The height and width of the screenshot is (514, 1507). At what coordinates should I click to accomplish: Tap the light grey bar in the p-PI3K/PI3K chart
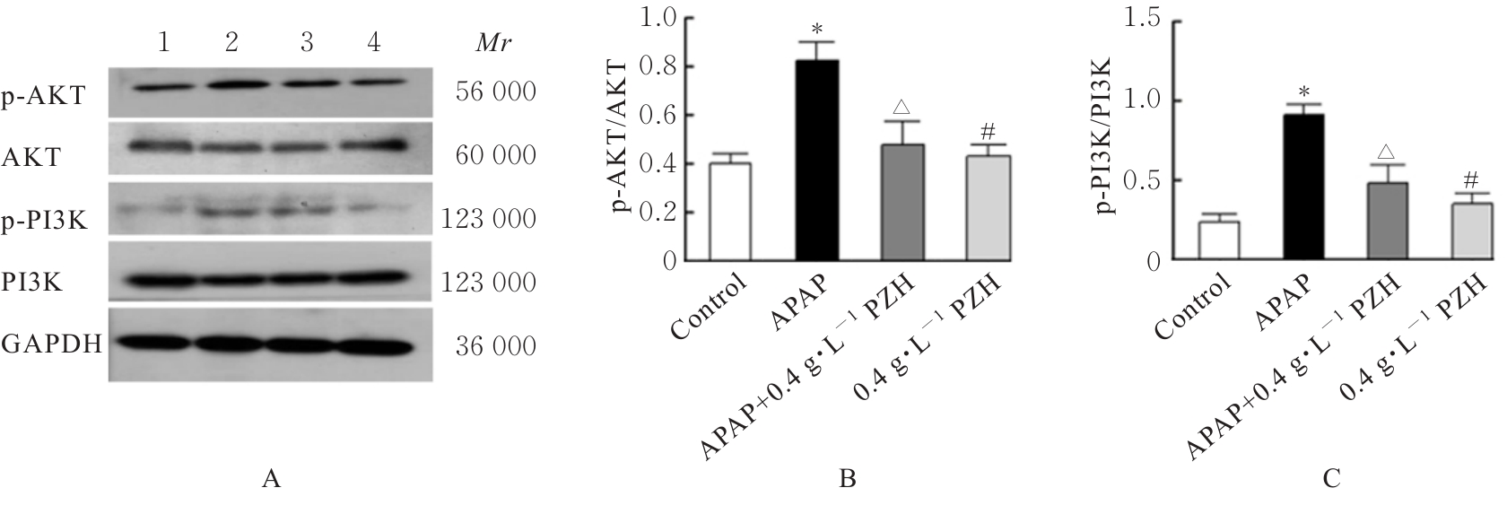tap(1472, 232)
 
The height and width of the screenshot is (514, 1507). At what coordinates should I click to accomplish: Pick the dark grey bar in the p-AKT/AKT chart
tap(902, 203)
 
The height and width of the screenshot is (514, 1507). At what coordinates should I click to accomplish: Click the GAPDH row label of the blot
tap(51, 345)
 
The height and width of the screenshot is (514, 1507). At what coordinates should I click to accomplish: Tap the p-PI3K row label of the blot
tap(44, 220)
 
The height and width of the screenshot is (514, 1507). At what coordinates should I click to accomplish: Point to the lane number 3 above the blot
tap(307, 43)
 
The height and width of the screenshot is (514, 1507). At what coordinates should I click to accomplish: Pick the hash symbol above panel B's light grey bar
tap(988, 132)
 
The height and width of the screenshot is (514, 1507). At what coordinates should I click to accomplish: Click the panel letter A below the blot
tap(271, 481)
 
